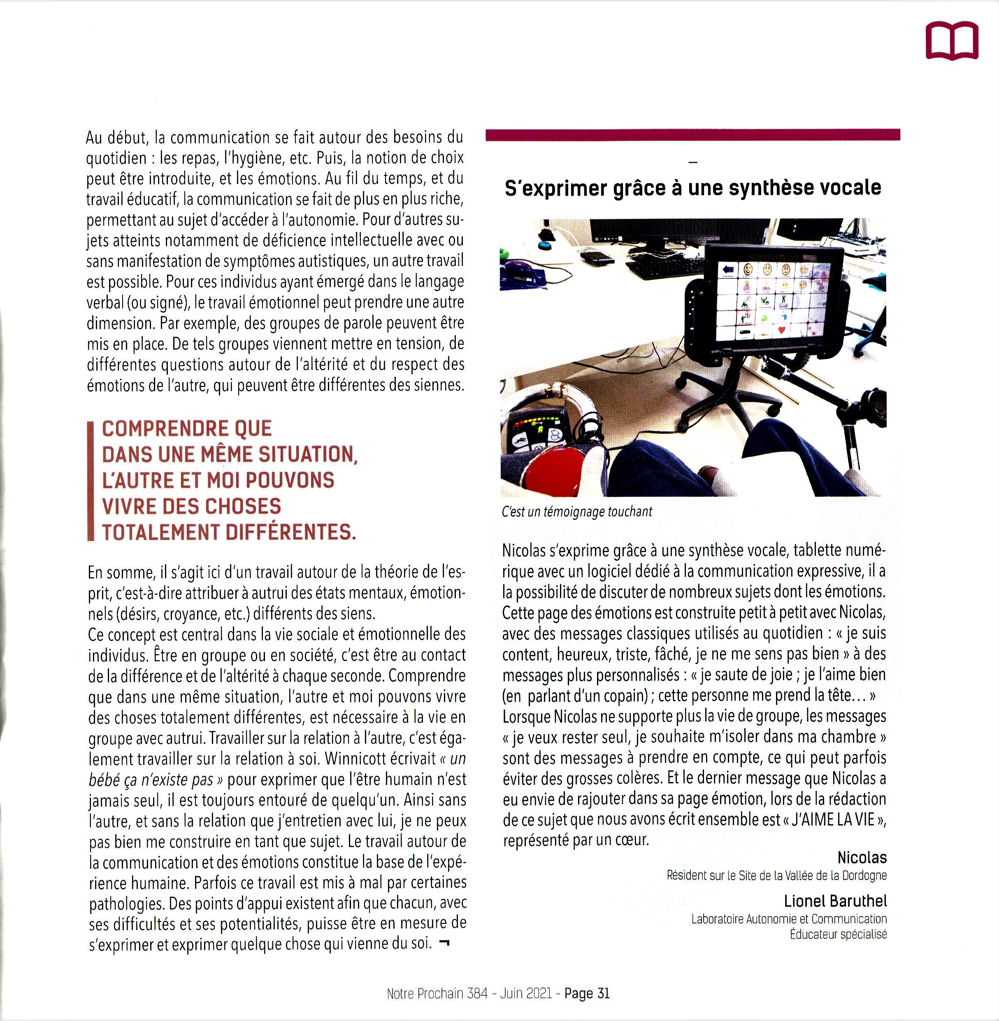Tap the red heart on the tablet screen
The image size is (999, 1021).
pos(781,330)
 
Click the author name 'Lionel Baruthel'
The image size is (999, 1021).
pos(835,901)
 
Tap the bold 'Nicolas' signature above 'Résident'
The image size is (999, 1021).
pos(862,858)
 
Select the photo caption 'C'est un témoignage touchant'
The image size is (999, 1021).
pos(576,512)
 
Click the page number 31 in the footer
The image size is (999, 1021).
pos(603,993)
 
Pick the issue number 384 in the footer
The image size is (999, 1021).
pos(477,993)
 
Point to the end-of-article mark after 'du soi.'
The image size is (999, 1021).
pos(444,943)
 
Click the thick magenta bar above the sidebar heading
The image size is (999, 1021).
pos(692,135)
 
